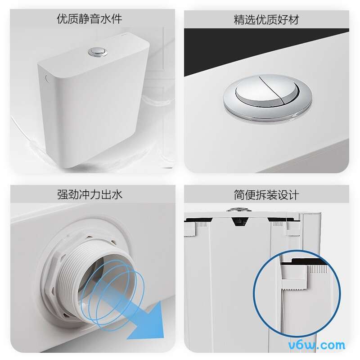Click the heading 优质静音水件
(90, 19)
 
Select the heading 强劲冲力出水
(90, 194)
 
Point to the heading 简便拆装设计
(266, 195)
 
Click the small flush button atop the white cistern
(99, 52)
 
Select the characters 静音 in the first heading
(90, 19)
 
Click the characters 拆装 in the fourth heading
(266, 195)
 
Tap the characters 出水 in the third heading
(112, 194)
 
